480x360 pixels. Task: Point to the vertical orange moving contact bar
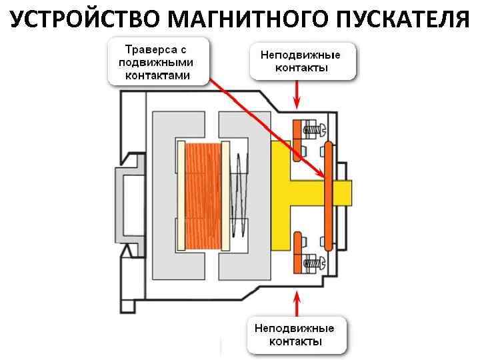click(x=328, y=196)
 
